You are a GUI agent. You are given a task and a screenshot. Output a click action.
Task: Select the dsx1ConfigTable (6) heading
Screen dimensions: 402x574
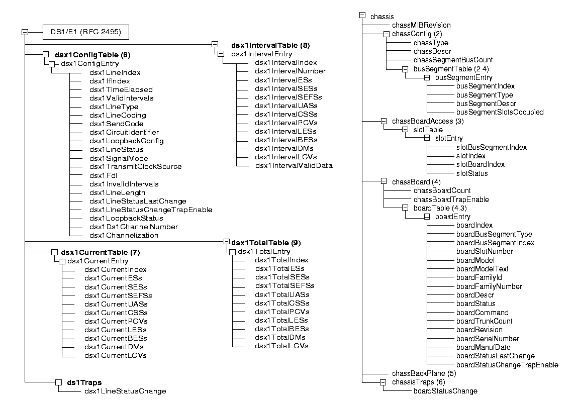tap(92, 54)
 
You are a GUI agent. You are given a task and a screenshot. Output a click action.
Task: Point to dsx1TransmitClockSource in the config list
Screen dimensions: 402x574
tap(136, 166)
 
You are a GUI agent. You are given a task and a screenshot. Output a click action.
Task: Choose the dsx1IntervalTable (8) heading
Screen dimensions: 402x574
tap(270, 45)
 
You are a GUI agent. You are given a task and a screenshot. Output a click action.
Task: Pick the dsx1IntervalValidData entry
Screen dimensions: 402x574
tap(294, 165)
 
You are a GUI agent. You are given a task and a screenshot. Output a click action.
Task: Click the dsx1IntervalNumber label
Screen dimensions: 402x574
tap(290, 71)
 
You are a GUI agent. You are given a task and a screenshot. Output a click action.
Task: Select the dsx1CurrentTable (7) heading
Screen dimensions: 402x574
tap(97, 252)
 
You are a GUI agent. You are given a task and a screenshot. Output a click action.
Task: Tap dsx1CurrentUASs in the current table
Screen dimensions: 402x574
tap(116, 304)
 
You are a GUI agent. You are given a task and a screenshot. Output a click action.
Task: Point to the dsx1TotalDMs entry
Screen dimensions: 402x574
tap(280, 337)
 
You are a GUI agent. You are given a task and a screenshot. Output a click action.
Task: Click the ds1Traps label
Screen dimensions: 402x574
tap(84, 382)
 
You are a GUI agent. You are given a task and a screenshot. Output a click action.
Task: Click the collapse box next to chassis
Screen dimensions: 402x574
tap(362, 16)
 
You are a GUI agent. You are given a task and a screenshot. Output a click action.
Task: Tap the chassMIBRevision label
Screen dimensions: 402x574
tap(421, 25)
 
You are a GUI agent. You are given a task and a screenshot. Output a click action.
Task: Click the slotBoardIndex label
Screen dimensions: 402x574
tap(480, 164)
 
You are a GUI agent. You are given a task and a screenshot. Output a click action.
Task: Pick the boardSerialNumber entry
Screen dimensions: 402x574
tap(488, 339)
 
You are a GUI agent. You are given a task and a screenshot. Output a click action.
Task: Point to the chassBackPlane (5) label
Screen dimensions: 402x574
tap(424, 373)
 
